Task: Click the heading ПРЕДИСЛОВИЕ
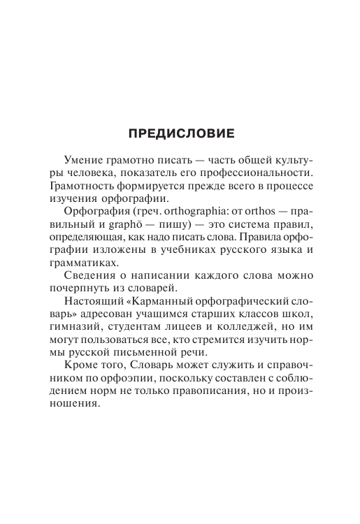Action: tap(180, 132)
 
